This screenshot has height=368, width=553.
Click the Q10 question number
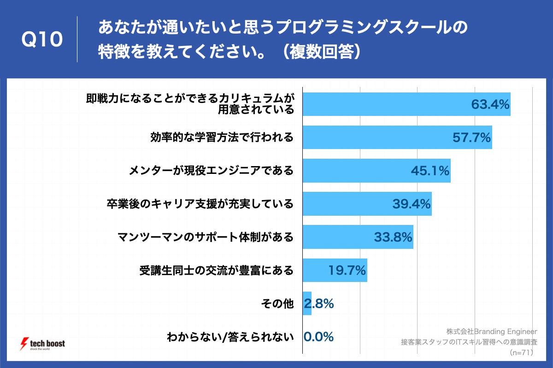(x=42, y=40)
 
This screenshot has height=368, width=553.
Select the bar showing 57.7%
(x=397, y=137)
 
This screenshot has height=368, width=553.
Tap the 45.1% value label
(x=430, y=171)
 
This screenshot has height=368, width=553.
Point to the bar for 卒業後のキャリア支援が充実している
(x=367, y=204)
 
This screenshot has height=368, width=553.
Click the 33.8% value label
(x=393, y=237)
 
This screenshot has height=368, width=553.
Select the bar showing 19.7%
(x=335, y=270)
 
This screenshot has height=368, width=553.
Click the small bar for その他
(x=307, y=304)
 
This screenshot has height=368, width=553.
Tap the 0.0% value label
(x=318, y=337)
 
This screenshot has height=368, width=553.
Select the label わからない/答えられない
(x=230, y=337)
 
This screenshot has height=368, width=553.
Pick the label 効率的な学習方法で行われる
(x=222, y=137)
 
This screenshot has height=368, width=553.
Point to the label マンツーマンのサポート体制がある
(x=206, y=237)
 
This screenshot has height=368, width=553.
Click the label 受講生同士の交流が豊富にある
(x=217, y=270)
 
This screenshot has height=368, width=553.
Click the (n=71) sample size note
(x=521, y=353)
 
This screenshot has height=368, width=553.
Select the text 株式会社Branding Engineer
(x=492, y=331)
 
